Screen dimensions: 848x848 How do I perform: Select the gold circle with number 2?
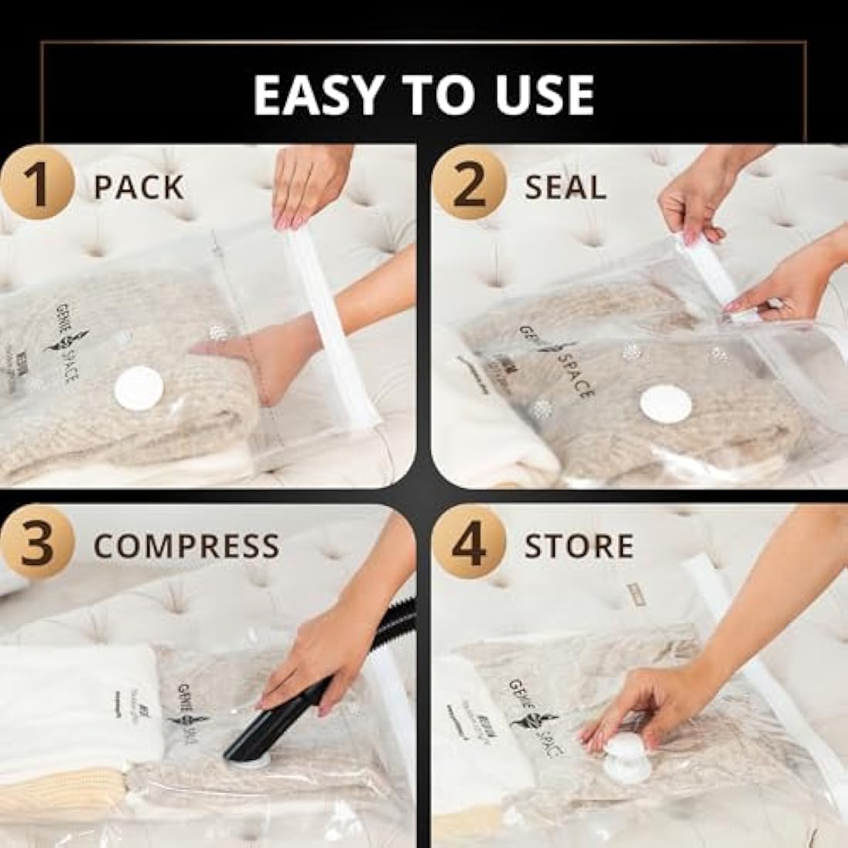[469, 187]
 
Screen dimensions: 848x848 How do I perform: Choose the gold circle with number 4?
[469, 545]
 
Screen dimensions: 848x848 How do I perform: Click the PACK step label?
[139, 187]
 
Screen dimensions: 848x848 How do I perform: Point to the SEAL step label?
[565, 187]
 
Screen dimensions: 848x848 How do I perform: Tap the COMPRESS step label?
[187, 546]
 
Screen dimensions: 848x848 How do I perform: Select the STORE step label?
[579, 546]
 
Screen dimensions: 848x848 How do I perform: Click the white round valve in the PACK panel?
[139, 389]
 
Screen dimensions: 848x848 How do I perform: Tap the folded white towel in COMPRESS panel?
[77, 709]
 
